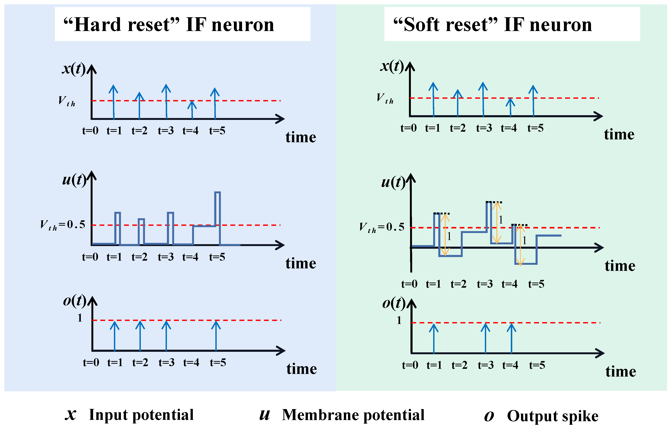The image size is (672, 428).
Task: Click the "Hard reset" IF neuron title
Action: click(169, 25)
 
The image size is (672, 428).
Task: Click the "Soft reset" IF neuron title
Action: click(493, 25)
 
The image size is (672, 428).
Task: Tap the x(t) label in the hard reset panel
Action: click(74, 68)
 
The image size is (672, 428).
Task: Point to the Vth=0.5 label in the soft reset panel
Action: click(382, 227)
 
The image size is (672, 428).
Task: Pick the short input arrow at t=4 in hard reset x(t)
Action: click(192, 110)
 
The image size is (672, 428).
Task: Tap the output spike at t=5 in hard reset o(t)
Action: click(216, 336)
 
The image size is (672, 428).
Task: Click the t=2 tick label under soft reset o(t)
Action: click(459, 365)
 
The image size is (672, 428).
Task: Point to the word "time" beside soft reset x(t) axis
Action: click(619, 135)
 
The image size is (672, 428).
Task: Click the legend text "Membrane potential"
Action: click(353, 415)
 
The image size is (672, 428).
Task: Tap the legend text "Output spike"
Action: click(553, 416)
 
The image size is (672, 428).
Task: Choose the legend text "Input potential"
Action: click(141, 415)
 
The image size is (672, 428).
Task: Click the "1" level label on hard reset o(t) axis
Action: click(80, 318)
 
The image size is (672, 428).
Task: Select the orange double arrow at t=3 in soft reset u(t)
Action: click(496, 222)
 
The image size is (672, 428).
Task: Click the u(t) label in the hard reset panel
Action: click(74, 180)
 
